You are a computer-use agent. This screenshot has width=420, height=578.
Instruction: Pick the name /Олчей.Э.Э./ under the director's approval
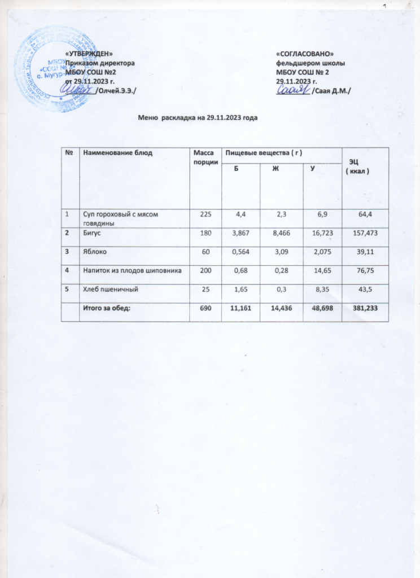click(116, 90)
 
